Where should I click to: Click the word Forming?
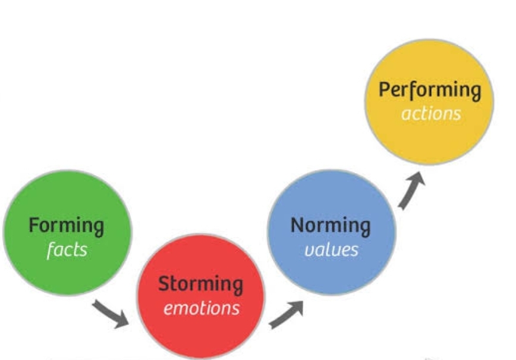67,226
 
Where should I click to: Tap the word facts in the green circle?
67,249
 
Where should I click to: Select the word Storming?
200,284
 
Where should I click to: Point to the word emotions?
202,308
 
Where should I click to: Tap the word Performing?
430,90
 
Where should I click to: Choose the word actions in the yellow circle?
431,113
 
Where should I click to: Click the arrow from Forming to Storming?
111,314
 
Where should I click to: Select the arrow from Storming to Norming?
286,313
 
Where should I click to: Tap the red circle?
200,333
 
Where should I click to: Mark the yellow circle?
429,137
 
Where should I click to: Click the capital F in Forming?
34,226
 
